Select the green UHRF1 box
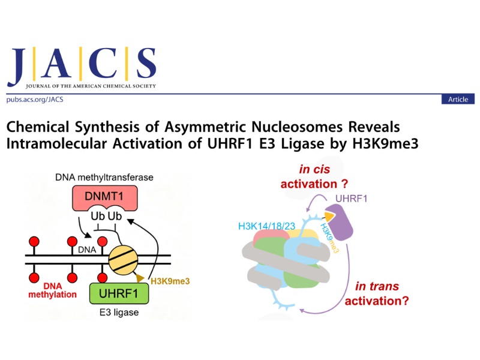pyautogui.click(x=119, y=293)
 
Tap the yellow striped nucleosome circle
pyautogui.click(x=124, y=260)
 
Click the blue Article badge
pyautogui.click(x=458, y=99)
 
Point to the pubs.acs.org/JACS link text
pyautogui.click(x=35, y=100)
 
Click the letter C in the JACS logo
pyautogui.click(x=103, y=63)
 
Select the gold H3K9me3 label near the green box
pyautogui.click(x=170, y=281)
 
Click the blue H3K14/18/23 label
pyautogui.click(x=266, y=226)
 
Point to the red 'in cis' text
pyautogui.click(x=314, y=169)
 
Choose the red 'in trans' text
pyautogui.click(x=377, y=286)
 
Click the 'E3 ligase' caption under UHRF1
pyautogui.click(x=119, y=312)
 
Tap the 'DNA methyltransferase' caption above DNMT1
pyautogui.click(x=104, y=177)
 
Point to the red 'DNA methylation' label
pyautogui.click(x=52, y=290)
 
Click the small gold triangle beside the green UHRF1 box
pyautogui.click(x=140, y=278)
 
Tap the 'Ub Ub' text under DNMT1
pyautogui.click(x=106, y=216)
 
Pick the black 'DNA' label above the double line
pyautogui.click(x=87, y=250)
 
